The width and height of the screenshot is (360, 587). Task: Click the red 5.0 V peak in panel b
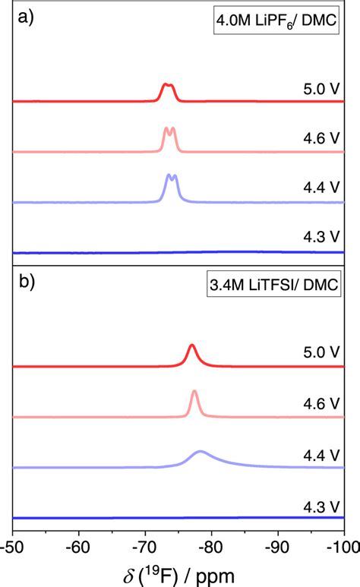point(192,348)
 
